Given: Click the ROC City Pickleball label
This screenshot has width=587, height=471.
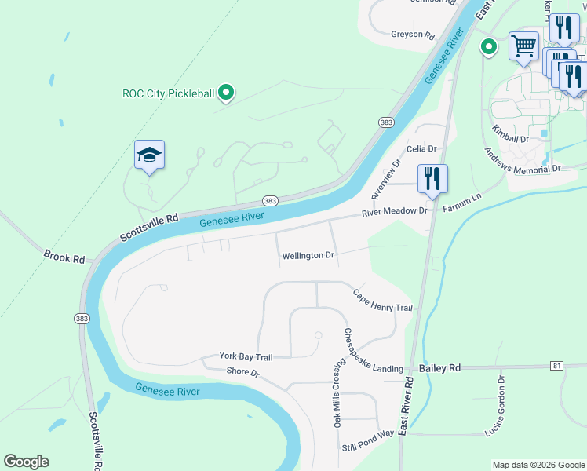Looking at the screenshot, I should pos(168,93).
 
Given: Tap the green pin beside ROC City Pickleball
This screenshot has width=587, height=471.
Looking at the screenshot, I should pos(226,93).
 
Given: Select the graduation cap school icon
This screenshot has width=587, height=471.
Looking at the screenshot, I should pos(148,155).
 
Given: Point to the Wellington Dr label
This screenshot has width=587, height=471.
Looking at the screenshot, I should pos(308,256).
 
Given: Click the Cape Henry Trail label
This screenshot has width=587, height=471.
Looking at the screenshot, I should pos(382,301).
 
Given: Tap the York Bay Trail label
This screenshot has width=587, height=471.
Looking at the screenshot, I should pos(246,357).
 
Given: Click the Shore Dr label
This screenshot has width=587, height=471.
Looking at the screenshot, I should pos(242,371).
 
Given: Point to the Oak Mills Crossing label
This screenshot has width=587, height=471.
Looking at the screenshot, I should pos(337,395).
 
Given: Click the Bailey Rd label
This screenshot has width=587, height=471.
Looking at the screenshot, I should pos(439,367).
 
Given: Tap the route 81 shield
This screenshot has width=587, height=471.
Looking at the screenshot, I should pos(557,366).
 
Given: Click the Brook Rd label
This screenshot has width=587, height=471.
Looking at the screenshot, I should pos(64,257).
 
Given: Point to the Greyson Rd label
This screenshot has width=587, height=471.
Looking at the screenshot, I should pos(413,35).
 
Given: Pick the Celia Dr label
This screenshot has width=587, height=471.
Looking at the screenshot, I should pos(421,148).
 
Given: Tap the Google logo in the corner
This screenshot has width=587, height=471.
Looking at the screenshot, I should pos(26,462).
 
